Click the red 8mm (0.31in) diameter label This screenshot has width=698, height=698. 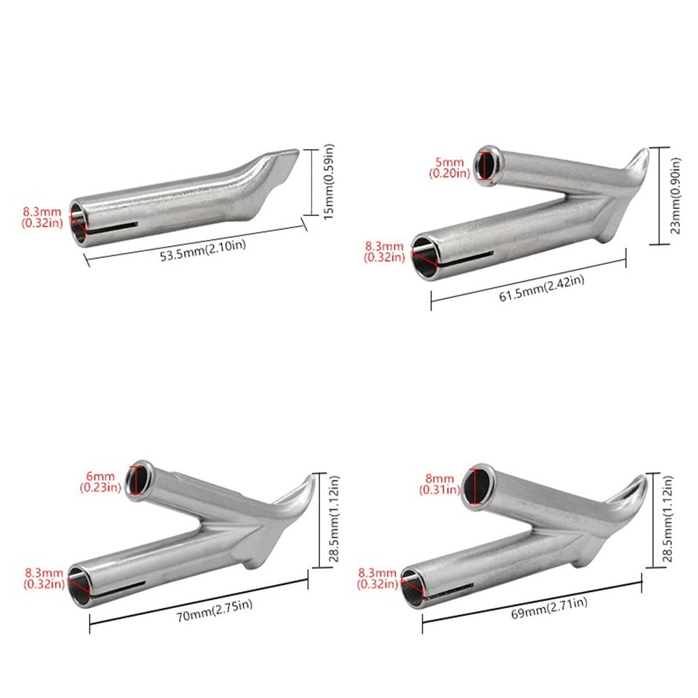click(x=439, y=484)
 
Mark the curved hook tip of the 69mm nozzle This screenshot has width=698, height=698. click(x=631, y=488)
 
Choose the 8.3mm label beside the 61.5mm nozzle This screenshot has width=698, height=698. click(x=384, y=252)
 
